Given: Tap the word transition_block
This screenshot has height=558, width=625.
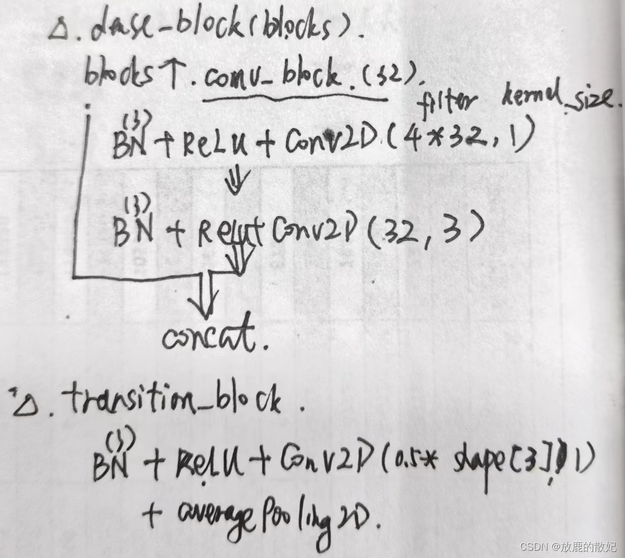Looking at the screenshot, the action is tap(173, 399).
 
